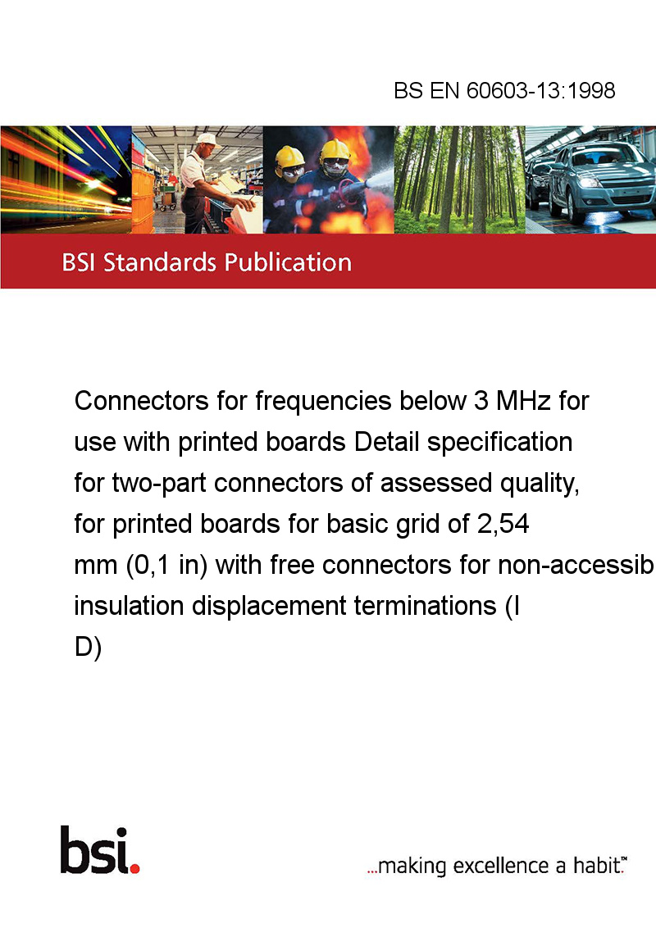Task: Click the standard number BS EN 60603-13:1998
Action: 504,90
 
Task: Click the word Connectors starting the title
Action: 141,401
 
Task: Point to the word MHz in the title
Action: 524,401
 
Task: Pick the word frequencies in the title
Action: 323,402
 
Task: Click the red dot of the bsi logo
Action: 134,868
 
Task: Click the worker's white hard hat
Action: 207,139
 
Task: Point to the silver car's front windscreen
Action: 592,156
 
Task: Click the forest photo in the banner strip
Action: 459,180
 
